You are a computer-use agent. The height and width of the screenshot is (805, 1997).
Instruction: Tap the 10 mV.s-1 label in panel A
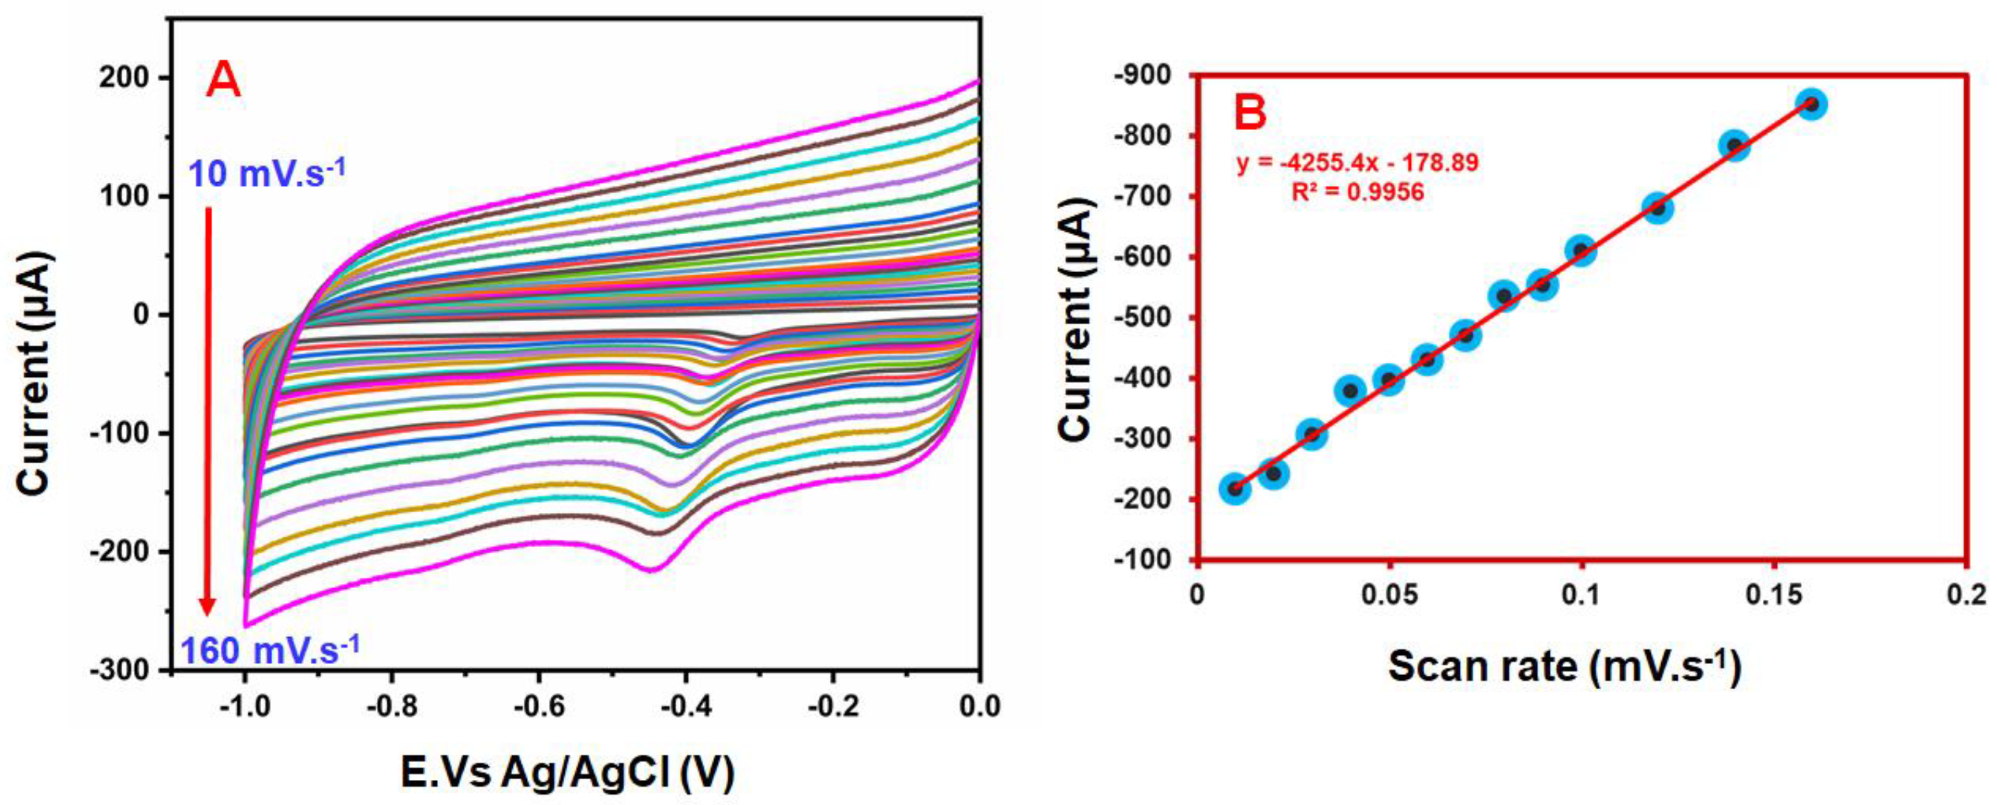pos(266,173)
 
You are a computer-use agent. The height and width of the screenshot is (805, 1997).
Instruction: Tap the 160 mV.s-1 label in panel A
pos(270,649)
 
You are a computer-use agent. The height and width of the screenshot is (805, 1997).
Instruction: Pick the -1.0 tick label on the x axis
pos(245,707)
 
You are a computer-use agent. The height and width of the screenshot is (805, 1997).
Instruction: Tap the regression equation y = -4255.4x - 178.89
pos(1357,163)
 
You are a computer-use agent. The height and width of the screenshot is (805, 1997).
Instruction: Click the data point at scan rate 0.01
pos(1236,488)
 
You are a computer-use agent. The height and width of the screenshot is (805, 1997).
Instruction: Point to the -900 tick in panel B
pos(1143,76)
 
